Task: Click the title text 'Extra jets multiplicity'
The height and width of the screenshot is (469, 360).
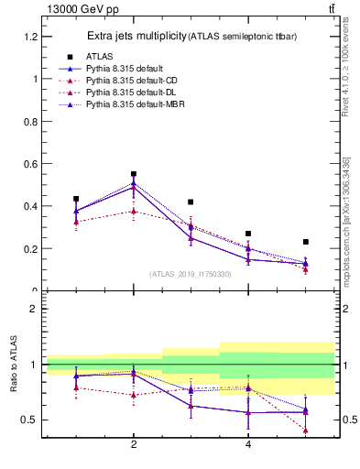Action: [136, 37]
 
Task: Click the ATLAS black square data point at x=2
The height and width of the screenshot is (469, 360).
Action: [134, 174]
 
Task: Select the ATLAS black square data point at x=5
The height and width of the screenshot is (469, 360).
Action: [305, 242]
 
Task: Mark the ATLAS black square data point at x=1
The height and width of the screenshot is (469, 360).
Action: [76, 199]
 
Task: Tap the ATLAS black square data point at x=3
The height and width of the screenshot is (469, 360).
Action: [191, 202]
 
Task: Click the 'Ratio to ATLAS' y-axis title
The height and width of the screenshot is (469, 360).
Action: [14, 365]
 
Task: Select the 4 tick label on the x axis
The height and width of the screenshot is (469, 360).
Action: [248, 445]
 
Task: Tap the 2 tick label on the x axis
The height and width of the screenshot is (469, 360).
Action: [134, 445]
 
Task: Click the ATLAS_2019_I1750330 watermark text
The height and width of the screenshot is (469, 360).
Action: [191, 274]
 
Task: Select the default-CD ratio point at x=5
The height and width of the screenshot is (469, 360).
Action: [305, 430]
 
